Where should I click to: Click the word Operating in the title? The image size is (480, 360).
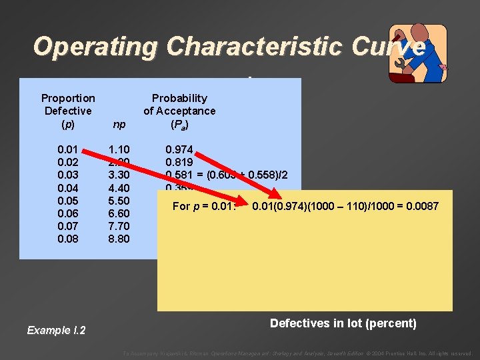(x=95, y=47)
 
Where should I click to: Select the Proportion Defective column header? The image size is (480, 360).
(x=67, y=111)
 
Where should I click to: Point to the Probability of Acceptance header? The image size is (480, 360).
(x=179, y=111)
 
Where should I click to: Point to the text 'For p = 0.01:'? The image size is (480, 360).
(x=204, y=207)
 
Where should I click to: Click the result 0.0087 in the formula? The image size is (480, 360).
(x=421, y=207)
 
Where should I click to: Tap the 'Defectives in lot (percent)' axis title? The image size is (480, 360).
(x=343, y=324)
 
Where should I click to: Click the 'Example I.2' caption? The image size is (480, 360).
(x=56, y=330)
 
